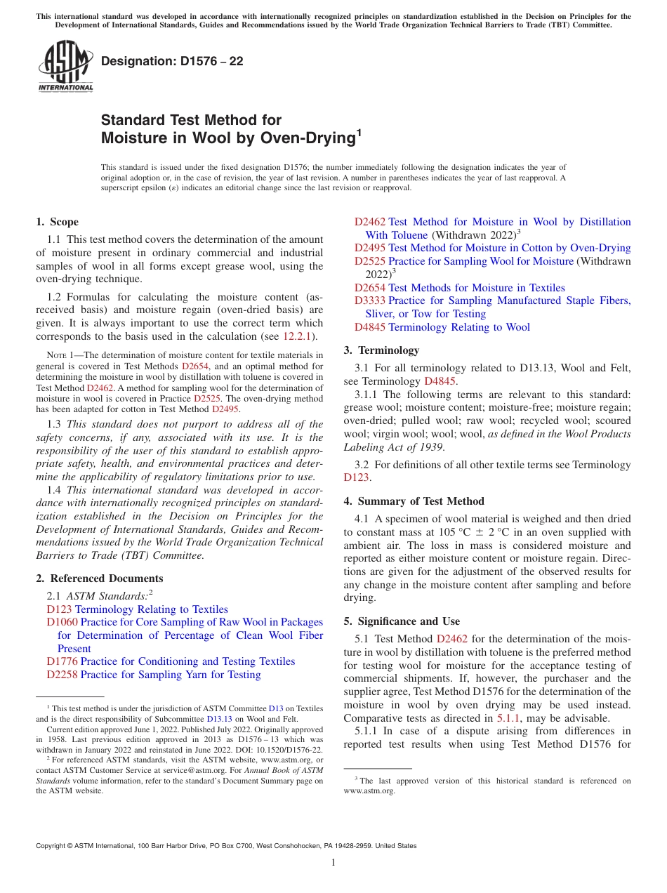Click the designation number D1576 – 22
(172, 61)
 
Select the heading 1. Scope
(58, 222)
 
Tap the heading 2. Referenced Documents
(100, 578)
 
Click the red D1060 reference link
(62, 622)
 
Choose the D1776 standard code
(62, 661)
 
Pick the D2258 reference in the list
(62, 675)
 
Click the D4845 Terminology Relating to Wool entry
(442, 327)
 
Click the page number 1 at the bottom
(333, 862)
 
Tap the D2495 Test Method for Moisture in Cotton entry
(492, 248)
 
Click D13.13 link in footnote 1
(218, 718)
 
